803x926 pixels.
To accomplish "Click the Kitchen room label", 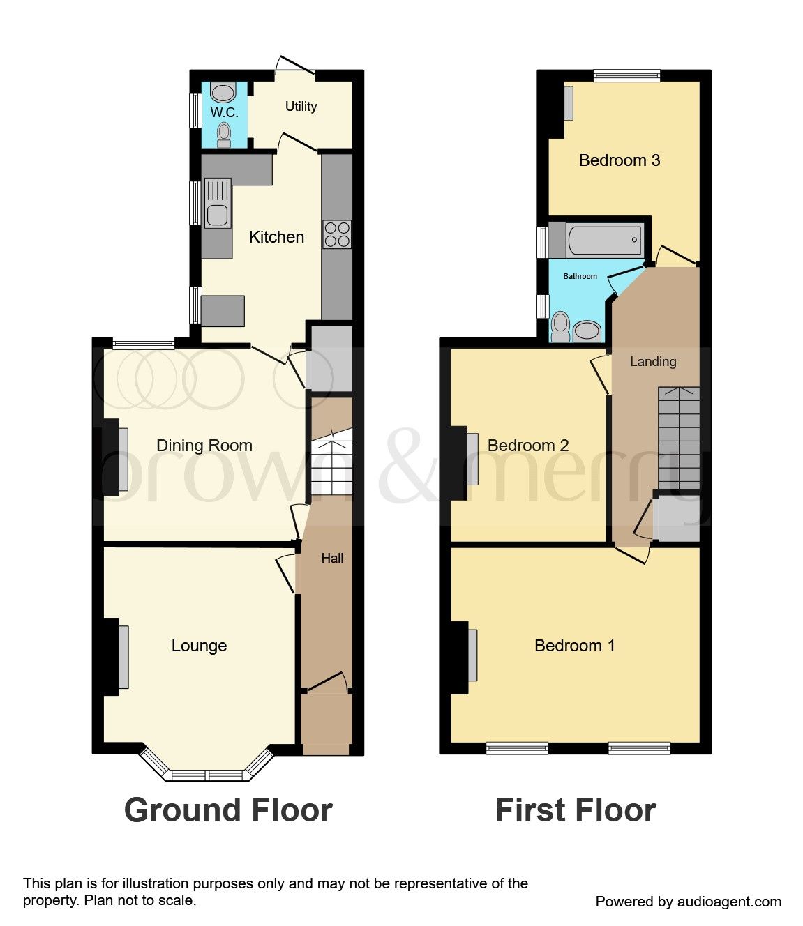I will [276, 237].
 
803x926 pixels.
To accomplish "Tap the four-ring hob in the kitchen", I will [337, 234].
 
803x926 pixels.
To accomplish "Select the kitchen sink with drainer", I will [218, 203].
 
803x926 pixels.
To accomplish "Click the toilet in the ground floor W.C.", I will [224, 134].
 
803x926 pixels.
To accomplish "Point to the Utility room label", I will [301, 106].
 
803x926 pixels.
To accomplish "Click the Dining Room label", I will [204, 446].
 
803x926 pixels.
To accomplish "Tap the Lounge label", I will [199, 646].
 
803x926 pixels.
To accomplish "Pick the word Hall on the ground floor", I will [332, 558].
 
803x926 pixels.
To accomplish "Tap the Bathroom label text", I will [580, 276].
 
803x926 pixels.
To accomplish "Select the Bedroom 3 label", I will [620, 160].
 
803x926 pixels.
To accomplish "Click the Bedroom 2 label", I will [528, 446].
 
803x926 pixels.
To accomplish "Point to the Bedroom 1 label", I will [574, 646].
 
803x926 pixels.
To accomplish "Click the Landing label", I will [653, 361].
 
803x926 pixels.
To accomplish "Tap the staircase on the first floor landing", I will [679, 439].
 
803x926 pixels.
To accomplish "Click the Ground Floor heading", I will [228, 810].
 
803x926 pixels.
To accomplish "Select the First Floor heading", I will [576, 810].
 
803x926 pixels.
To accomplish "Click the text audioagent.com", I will [729, 902].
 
